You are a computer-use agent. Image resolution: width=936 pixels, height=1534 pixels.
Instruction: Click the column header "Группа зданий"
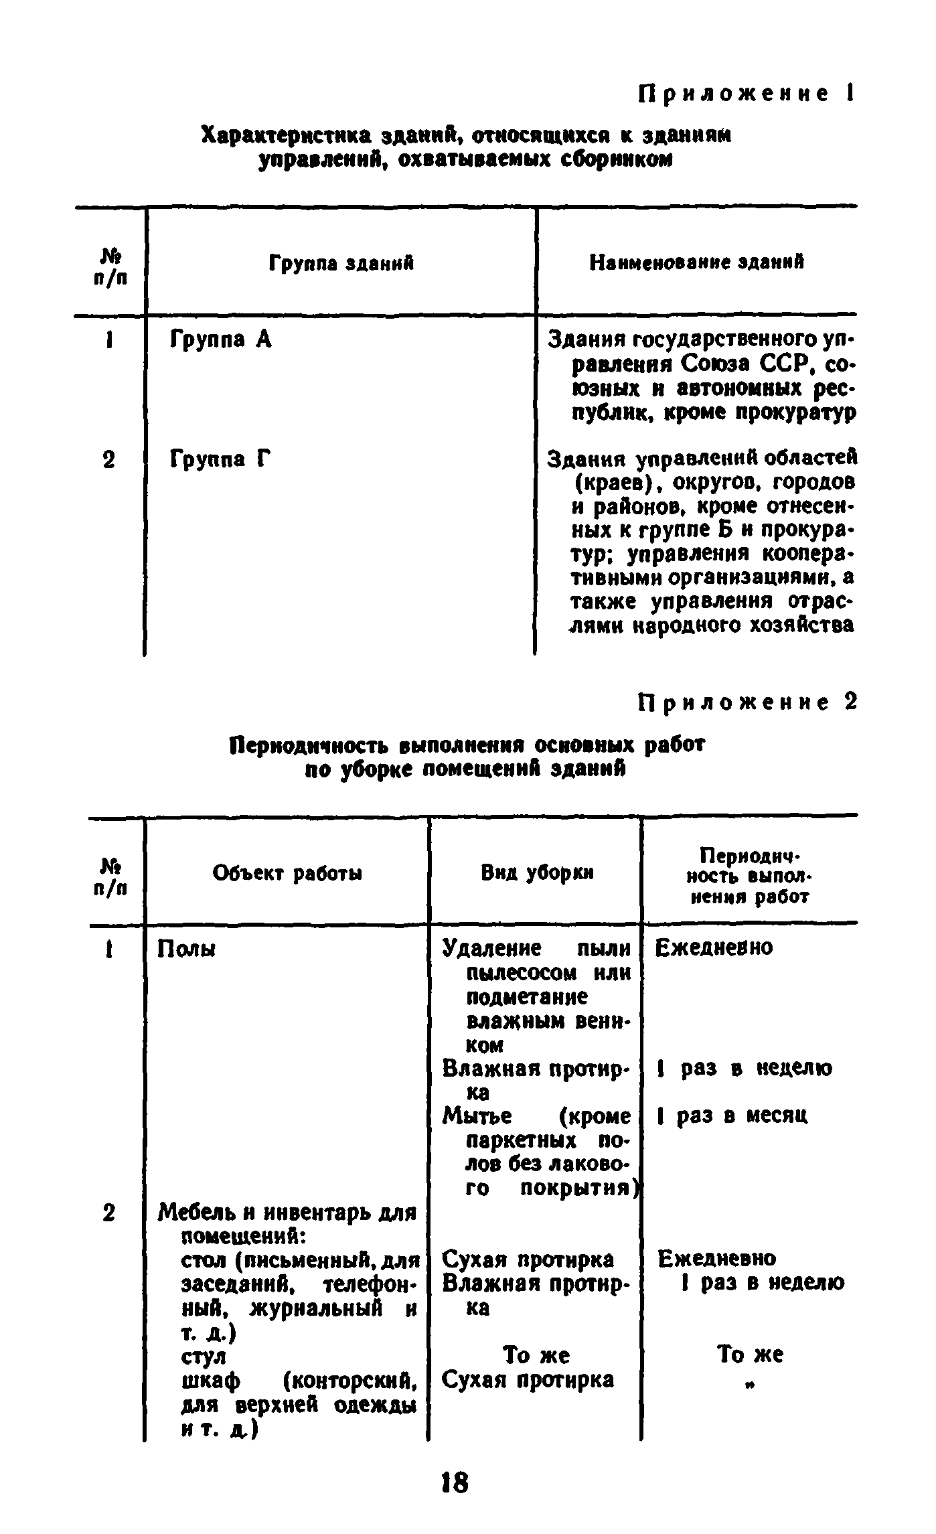341,263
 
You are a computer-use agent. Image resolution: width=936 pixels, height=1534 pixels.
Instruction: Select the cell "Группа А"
221,340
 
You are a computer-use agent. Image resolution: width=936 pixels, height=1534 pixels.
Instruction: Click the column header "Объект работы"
287,873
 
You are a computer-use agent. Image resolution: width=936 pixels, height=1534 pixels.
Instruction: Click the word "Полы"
186,949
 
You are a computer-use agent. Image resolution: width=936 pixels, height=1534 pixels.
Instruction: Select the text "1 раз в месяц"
733,1116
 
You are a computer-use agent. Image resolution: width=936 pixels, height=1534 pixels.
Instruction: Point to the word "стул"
204,1356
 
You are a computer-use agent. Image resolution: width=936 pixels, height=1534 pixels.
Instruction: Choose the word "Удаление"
492,948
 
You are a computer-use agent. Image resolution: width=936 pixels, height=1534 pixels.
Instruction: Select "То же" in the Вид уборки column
536,1355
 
